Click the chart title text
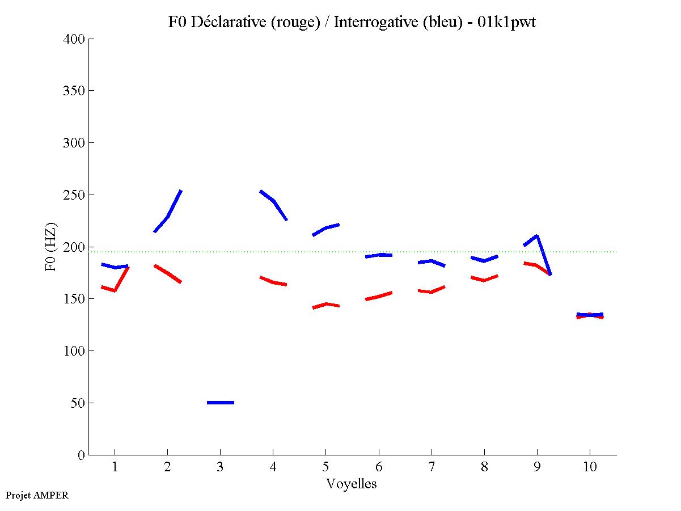[x=352, y=22]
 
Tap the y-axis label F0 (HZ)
[x=50, y=247]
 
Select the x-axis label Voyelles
[x=352, y=484]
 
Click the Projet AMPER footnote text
[x=37, y=495]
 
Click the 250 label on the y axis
[x=74, y=195]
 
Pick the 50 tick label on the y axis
[x=78, y=403]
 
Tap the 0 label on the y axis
[x=81, y=455]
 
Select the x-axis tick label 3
[x=220, y=467]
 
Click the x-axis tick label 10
[x=590, y=467]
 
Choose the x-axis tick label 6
[x=378, y=467]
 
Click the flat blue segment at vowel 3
[x=221, y=403]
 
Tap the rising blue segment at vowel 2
[x=168, y=216]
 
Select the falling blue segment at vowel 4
[x=273, y=201]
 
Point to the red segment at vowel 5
[x=326, y=305]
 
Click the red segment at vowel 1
[x=115, y=290]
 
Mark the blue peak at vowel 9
[x=536, y=235]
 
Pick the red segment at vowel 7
[x=432, y=292]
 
